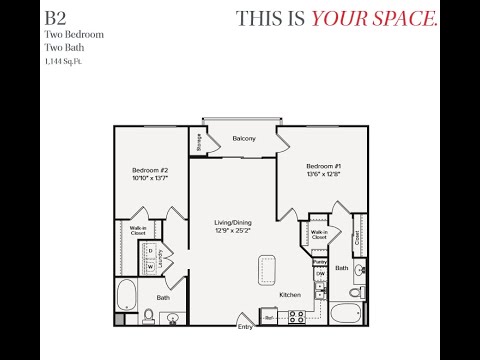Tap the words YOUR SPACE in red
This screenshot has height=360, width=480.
[375, 18]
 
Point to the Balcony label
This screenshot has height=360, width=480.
[244, 138]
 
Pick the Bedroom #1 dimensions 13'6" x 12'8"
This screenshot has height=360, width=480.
[324, 174]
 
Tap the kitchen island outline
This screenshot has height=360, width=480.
[268, 269]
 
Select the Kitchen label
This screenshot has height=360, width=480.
[290, 295]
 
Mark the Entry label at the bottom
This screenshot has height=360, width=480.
[245, 326]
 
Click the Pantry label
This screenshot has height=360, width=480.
[320, 262]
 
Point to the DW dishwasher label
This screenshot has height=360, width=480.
[320, 273]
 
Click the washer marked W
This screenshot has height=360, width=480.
[151, 267]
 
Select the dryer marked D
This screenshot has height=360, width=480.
[151, 252]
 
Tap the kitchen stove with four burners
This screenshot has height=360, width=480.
[297, 316]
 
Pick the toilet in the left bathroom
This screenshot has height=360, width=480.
[148, 316]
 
